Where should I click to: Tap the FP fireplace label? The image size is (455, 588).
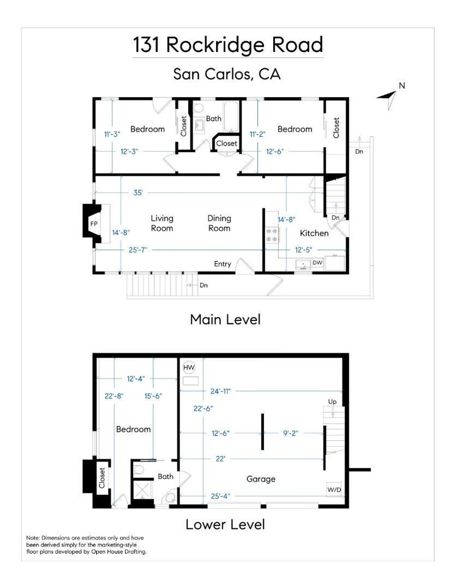[x=94, y=224]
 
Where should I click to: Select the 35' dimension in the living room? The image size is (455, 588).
[x=138, y=193]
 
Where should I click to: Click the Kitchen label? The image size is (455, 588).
[x=314, y=233]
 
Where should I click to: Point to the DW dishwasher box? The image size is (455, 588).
[x=317, y=262]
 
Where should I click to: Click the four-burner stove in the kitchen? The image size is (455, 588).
[x=272, y=235]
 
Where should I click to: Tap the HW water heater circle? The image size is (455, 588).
[x=189, y=367]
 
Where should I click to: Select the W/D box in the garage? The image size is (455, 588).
[x=334, y=489]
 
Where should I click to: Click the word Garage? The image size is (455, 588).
[x=261, y=479]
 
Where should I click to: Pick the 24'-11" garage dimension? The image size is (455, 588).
[x=220, y=391]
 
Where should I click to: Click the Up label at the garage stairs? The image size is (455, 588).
[x=332, y=402]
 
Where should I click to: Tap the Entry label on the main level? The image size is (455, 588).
[x=222, y=264]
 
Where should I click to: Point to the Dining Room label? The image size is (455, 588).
[x=219, y=223]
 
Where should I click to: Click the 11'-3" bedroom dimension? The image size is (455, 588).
[x=112, y=134]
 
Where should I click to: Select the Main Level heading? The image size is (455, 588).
[x=225, y=319]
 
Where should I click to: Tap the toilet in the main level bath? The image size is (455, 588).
[x=199, y=107]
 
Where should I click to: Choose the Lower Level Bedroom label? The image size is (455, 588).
[x=133, y=429]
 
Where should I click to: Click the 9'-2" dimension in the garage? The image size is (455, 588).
[x=291, y=433]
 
